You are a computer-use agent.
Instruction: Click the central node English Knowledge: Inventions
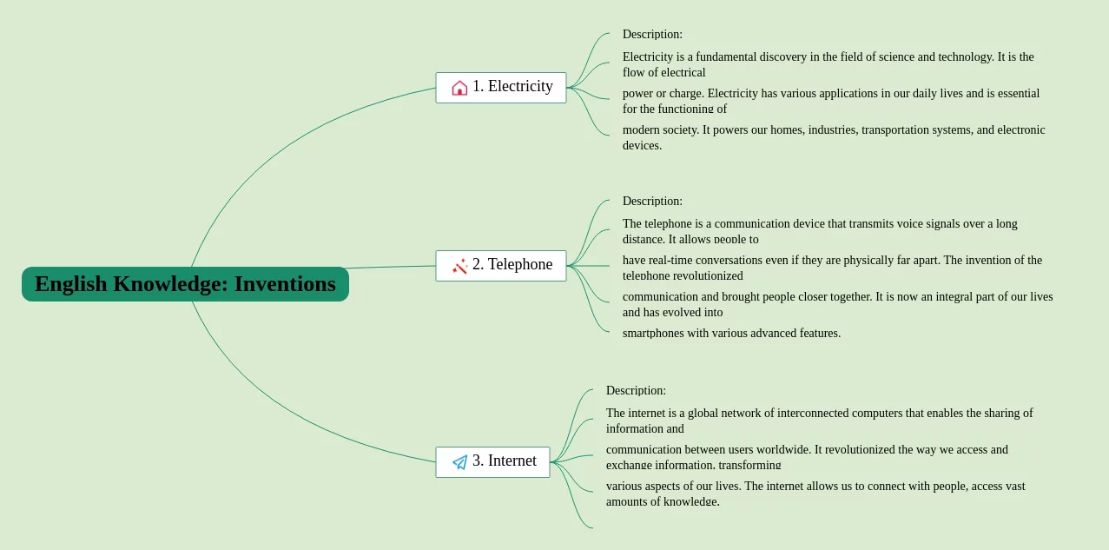[x=185, y=284]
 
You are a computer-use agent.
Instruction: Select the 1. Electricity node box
[x=501, y=87]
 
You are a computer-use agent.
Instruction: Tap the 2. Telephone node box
[x=501, y=265]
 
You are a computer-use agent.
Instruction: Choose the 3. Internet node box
[x=492, y=461]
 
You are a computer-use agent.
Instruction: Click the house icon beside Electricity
[x=459, y=88]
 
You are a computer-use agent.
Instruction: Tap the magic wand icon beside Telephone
[x=459, y=266]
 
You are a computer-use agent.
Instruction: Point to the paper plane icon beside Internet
[x=459, y=462]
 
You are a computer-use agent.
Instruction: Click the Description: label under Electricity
[x=652, y=35]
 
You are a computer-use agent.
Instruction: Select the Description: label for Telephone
[x=652, y=202]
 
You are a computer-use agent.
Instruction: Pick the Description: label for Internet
[x=636, y=391]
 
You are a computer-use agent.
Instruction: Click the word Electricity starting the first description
[x=648, y=57]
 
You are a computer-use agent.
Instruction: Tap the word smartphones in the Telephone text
[x=653, y=334]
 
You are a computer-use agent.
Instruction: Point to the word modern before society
[x=641, y=130]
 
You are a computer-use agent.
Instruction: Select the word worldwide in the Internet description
[x=785, y=450]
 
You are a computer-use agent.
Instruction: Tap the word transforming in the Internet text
[x=749, y=465]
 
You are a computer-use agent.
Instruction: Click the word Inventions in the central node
[x=285, y=284]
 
